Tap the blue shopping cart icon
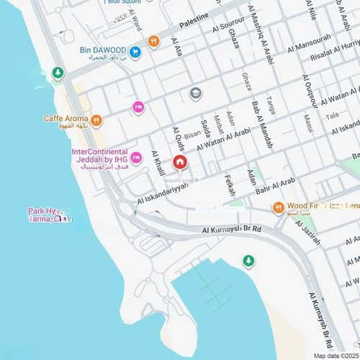(x=135, y=51)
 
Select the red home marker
(x=179, y=163)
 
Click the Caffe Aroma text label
(x=65, y=118)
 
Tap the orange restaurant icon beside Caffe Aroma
(x=96, y=120)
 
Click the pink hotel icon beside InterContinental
(x=136, y=158)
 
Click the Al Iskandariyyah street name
(x=163, y=191)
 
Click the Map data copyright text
(x=336, y=356)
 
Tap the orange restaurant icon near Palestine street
(x=153, y=42)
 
